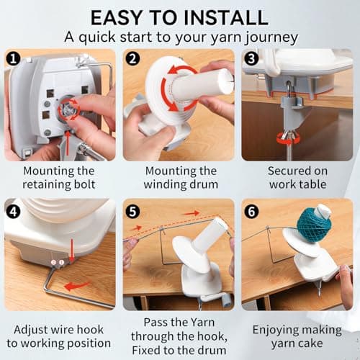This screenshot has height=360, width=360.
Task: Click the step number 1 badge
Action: click(13, 59)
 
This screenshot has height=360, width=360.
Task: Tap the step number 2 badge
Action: click(132, 59)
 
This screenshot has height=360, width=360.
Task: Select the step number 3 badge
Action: click(251, 59)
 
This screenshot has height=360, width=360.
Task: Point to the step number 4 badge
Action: click(13, 212)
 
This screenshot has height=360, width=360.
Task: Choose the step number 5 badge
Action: click(132, 212)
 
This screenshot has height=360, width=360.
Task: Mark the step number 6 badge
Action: click(251, 212)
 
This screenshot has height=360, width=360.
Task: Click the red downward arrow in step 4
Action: click(72, 250)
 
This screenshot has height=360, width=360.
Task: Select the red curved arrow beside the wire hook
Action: click(77, 286)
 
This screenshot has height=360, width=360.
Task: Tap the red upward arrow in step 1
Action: click(68, 143)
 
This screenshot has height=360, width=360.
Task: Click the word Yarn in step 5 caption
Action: click(202, 323)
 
